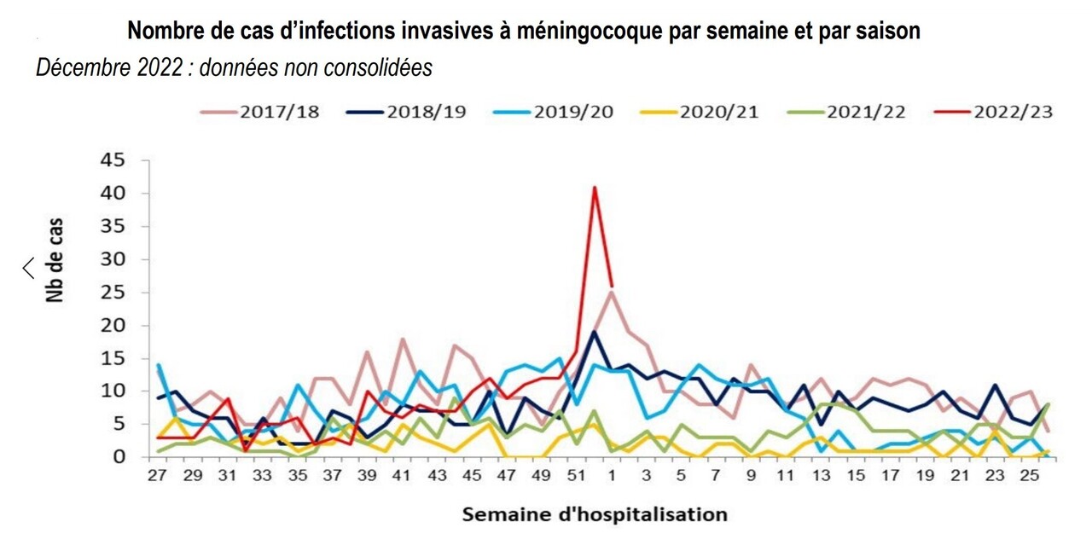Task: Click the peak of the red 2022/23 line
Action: tap(595, 187)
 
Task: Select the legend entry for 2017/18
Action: tap(259, 112)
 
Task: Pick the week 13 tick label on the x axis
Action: tap(822, 476)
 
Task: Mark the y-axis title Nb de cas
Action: tap(55, 261)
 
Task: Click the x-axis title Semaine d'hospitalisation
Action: tap(595, 514)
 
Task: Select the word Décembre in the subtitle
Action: tap(80, 68)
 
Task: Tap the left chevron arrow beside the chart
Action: tap(28, 268)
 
